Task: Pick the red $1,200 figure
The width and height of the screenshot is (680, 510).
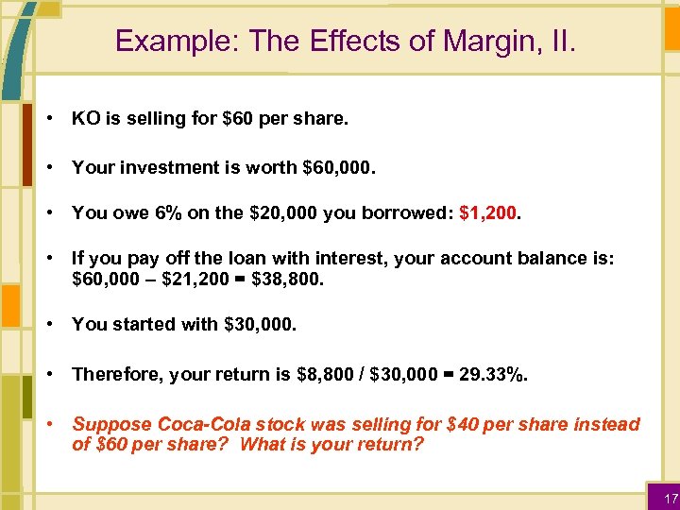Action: tap(488, 213)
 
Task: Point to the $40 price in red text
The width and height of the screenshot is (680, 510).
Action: tap(463, 425)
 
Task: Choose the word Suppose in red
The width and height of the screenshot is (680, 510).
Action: tap(105, 425)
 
